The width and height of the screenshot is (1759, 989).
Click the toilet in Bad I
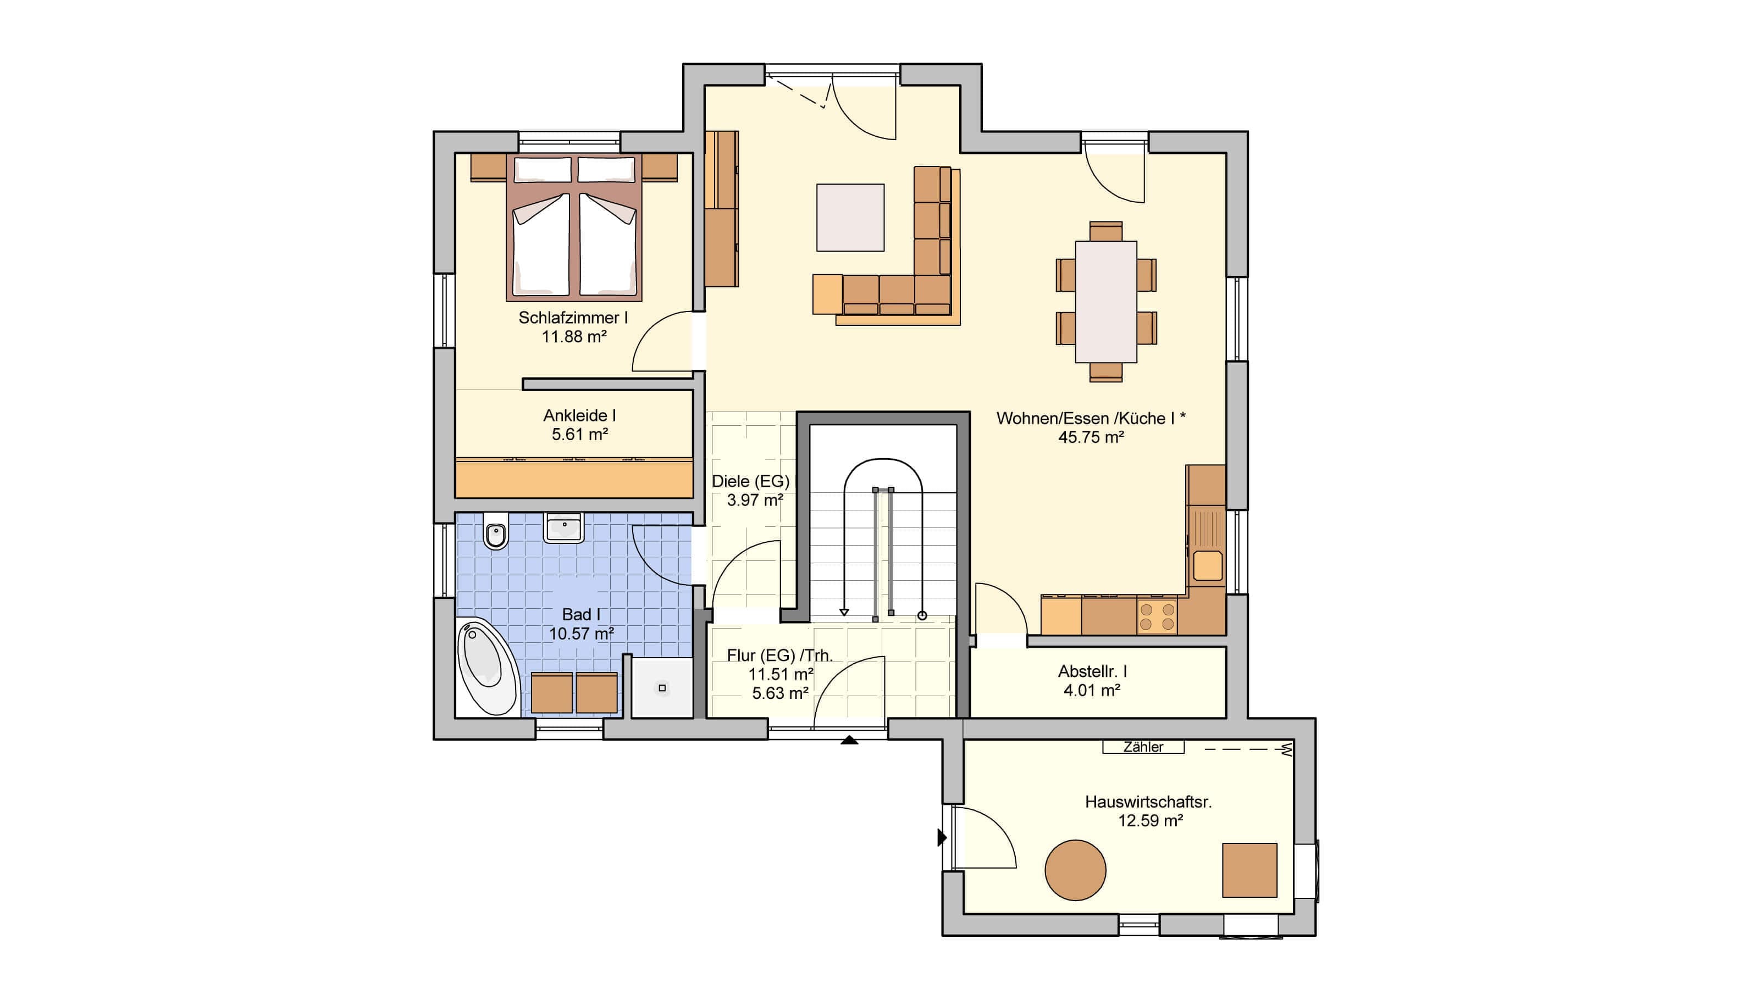click(x=496, y=531)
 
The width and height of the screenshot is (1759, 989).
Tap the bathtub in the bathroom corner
click(x=485, y=666)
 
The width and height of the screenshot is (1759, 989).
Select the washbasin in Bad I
click(x=563, y=527)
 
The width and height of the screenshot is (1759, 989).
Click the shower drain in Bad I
click(x=662, y=688)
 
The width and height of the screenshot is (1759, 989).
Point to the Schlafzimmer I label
click(x=573, y=318)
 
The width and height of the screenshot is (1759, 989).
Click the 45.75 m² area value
click(x=1091, y=437)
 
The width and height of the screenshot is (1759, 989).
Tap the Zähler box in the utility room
click(x=1143, y=747)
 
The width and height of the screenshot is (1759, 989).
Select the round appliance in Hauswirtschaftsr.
click(x=1076, y=870)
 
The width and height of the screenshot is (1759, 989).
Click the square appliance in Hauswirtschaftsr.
click(x=1249, y=870)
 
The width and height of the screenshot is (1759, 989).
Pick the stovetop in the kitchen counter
click(x=1158, y=616)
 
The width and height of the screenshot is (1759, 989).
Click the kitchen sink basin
click(x=1207, y=566)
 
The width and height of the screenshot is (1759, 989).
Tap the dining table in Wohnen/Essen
click(x=1106, y=302)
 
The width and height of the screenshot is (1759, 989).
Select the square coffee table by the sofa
click(x=850, y=217)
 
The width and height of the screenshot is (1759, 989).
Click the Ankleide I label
click(x=580, y=415)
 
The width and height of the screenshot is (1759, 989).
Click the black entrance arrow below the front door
click(x=849, y=739)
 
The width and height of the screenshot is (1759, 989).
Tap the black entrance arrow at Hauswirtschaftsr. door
click(x=942, y=837)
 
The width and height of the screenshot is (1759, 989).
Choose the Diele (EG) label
click(x=750, y=481)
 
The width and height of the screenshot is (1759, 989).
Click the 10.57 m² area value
click(x=582, y=634)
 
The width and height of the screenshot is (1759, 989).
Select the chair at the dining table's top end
click(x=1106, y=231)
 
